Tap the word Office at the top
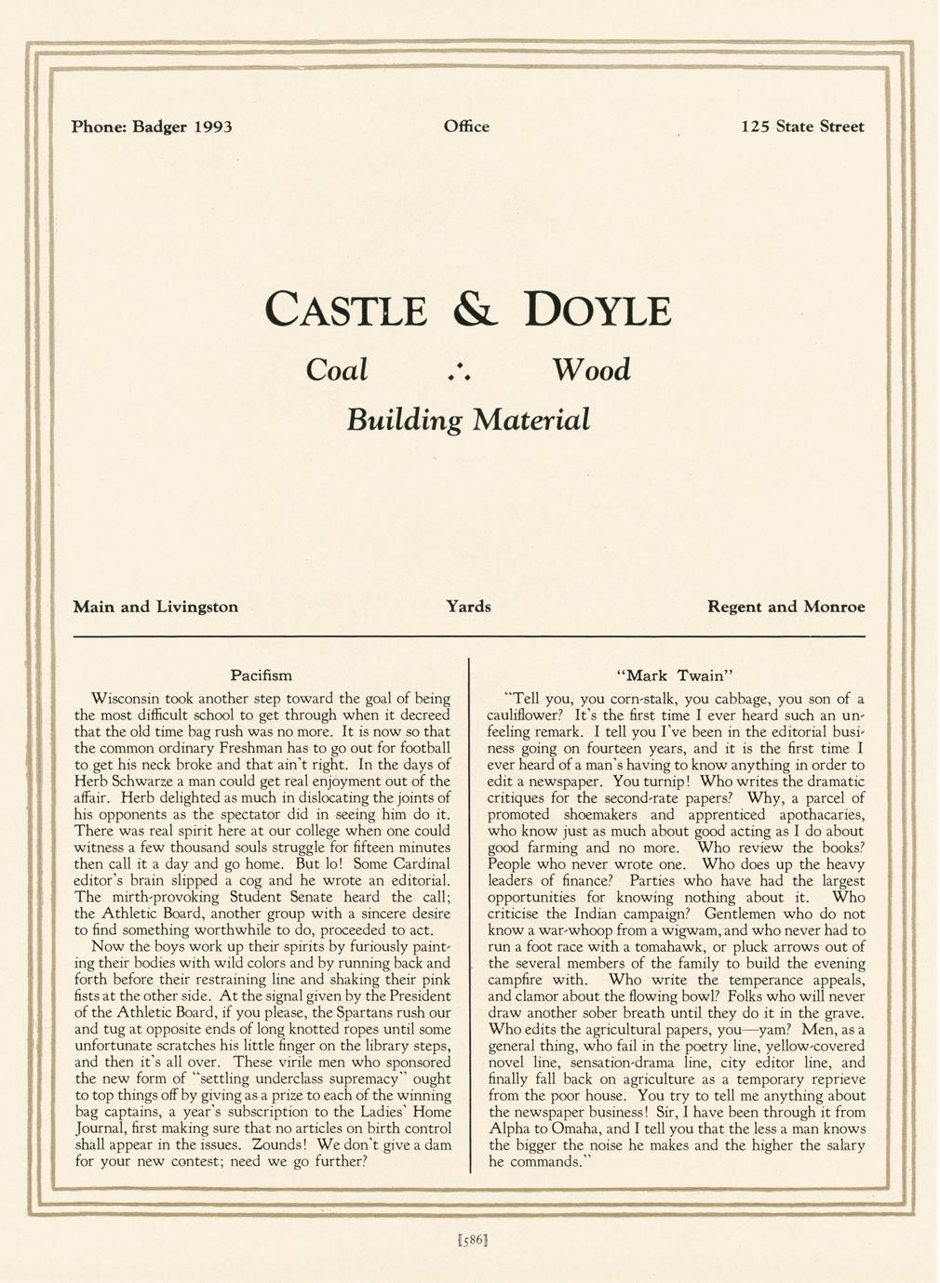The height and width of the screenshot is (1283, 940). click(x=466, y=127)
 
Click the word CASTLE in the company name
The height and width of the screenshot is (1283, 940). click(x=346, y=311)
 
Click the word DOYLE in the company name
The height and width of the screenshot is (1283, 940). click(x=598, y=311)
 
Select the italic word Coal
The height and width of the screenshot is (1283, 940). click(x=337, y=370)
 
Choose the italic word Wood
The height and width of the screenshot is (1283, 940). click(x=591, y=370)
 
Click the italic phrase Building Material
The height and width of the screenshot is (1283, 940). click(x=468, y=420)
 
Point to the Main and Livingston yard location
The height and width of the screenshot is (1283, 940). click(x=155, y=607)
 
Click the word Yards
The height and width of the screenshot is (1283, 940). click(x=468, y=607)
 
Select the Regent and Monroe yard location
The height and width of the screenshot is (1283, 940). click(x=786, y=607)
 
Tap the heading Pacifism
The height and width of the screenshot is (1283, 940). click(x=261, y=675)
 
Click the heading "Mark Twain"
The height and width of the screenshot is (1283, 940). click(x=677, y=675)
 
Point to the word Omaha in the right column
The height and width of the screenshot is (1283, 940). click(x=560, y=1129)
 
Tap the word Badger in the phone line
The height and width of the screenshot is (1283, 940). click(x=160, y=127)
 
